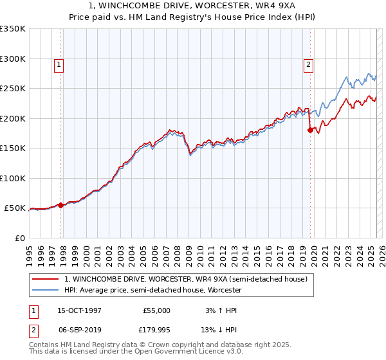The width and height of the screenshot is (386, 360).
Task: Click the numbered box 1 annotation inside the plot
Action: [x=59, y=64]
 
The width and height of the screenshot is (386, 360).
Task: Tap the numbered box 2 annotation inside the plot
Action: [x=308, y=64]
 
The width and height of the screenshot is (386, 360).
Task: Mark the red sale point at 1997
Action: [x=60, y=205]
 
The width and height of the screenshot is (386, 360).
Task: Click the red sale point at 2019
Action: [x=310, y=130]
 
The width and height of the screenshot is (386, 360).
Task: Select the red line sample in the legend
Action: [x=46, y=279]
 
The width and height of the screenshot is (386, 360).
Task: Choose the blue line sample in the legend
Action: [x=46, y=290]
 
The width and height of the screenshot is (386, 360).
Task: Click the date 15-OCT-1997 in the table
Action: [x=79, y=310]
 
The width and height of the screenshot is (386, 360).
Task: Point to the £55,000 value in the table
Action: [x=156, y=310]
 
